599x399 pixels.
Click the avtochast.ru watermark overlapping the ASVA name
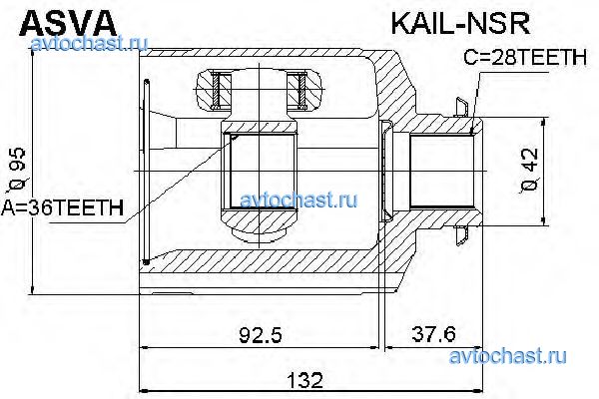(90, 43)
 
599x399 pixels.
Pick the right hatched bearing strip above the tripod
(297, 91)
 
